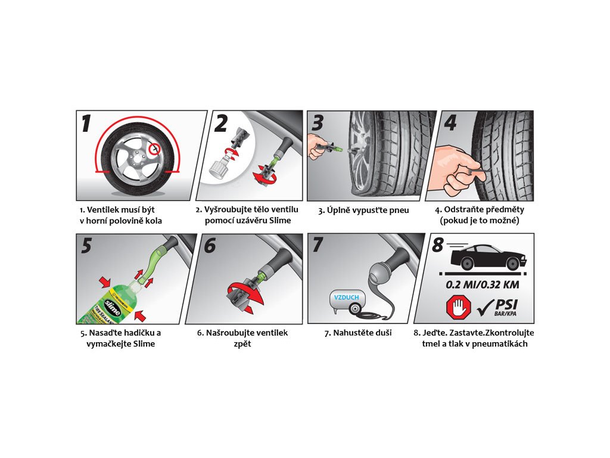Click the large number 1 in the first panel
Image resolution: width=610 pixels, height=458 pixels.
pos(87,123)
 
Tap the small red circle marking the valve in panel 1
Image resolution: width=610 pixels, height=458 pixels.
pos(155,148)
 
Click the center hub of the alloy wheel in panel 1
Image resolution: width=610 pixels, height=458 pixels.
pos(136,159)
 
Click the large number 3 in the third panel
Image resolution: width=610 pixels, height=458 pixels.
pos(318,123)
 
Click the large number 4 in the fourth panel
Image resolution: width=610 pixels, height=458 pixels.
pos(450,123)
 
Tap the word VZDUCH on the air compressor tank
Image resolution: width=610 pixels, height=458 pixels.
pos(346,297)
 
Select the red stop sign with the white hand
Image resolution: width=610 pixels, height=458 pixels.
pos(459,306)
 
